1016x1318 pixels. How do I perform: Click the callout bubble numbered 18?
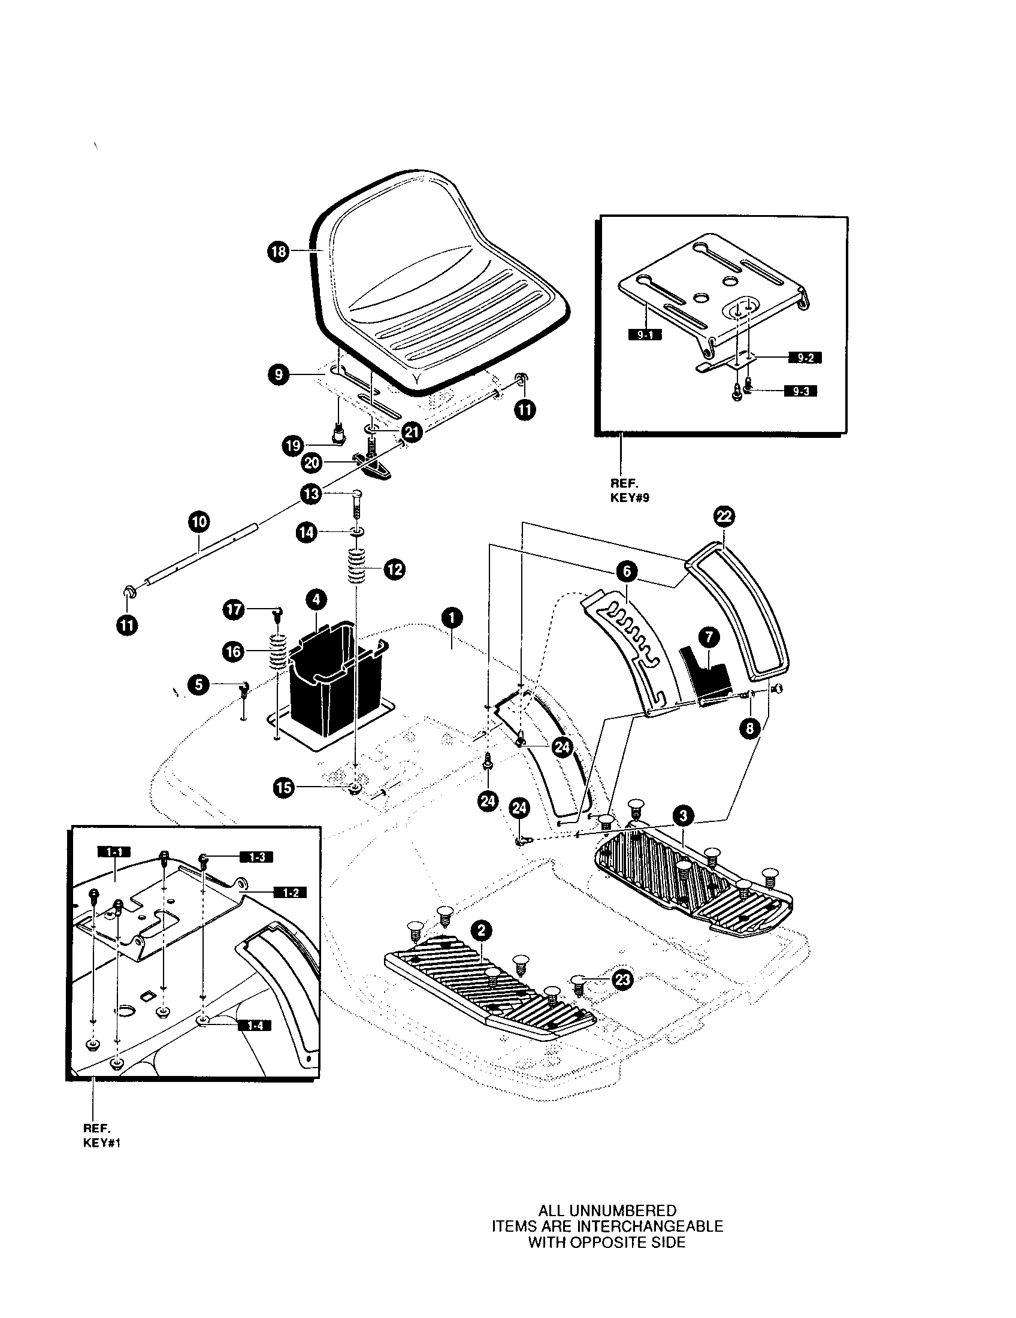[278, 251]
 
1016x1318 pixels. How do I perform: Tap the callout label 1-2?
[290, 893]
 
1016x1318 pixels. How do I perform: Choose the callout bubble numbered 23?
[622, 980]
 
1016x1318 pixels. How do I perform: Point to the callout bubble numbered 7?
[709, 637]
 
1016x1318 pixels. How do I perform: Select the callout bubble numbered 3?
[682, 817]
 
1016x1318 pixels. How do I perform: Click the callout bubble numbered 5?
[198, 684]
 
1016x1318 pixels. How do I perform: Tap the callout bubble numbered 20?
[313, 464]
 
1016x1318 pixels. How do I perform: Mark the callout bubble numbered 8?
[749, 728]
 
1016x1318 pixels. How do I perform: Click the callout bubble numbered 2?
[481, 931]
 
